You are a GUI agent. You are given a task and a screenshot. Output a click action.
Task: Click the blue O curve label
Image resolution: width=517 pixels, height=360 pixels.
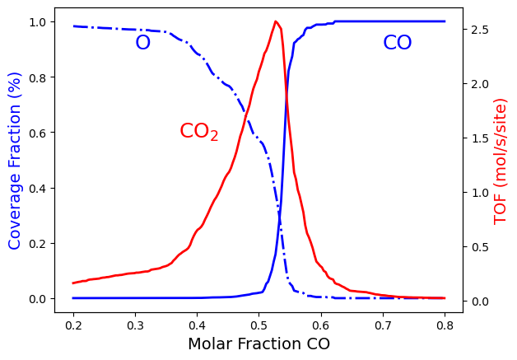[142, 43]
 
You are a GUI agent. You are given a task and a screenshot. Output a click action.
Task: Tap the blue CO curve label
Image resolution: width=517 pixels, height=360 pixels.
[398, 43]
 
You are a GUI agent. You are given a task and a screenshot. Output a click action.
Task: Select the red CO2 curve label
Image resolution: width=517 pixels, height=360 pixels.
[199, 132]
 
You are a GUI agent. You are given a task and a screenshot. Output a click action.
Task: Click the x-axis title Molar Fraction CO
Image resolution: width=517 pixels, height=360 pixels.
[258, 344]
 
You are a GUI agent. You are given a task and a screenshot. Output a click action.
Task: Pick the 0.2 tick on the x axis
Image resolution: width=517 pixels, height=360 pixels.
[73, 320]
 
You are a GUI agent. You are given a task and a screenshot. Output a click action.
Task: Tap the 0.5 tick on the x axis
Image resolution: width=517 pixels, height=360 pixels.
[258, 320]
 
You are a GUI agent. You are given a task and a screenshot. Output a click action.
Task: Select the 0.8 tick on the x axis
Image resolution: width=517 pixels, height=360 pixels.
[445, 320]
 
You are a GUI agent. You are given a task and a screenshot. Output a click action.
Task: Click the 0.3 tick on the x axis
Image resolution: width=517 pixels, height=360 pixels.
[135, 320]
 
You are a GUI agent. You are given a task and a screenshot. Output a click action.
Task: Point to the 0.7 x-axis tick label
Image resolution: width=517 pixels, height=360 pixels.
[383, 320]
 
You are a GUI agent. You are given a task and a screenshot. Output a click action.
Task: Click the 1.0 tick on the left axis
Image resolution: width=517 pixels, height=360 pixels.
[38, 21]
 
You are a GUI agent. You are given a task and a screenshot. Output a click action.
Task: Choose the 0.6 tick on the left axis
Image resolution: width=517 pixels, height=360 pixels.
[38, 133]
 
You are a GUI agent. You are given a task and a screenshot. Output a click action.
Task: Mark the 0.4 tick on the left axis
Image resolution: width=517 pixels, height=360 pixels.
[38, 188]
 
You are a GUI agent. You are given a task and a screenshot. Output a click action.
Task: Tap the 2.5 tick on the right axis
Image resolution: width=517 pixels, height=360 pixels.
[481, 30]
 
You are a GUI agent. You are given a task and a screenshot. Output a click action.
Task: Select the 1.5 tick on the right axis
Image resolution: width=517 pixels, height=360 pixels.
[481, 138]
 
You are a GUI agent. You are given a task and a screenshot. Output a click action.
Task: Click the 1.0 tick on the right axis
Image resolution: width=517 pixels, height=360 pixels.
[481, 193]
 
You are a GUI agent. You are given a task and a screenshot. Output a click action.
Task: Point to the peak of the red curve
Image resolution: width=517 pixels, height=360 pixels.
[275, 21]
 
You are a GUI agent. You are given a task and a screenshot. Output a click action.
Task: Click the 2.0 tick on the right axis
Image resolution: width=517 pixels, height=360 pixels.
[481, 84]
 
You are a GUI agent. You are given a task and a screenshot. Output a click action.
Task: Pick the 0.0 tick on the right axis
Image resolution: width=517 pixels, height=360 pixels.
[481, 302]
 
